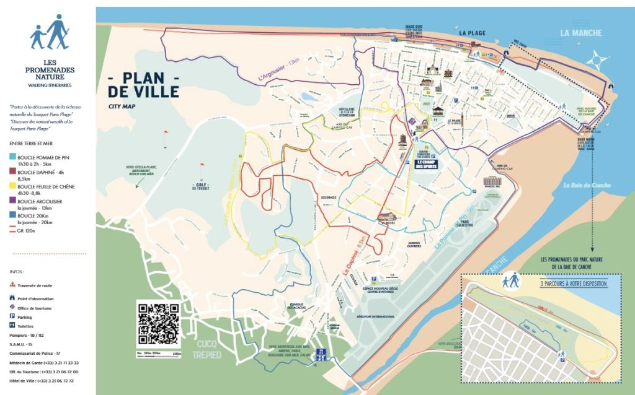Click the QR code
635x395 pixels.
[x=158, y=324]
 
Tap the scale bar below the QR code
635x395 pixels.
[x=158, y=354]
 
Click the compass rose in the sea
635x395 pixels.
[x=597, y=60]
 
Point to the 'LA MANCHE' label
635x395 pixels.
[x=580, y=33]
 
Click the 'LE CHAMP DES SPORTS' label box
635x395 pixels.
[x=426, y=165]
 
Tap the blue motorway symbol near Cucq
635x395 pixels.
[x=321, y=355]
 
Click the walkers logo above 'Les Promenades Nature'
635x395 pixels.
[x=49, y=32]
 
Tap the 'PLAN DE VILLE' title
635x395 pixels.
[x=143, y=85]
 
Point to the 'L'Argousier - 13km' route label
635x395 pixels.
[x=278, y=70]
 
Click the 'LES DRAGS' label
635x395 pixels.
[x=328, y=197]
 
